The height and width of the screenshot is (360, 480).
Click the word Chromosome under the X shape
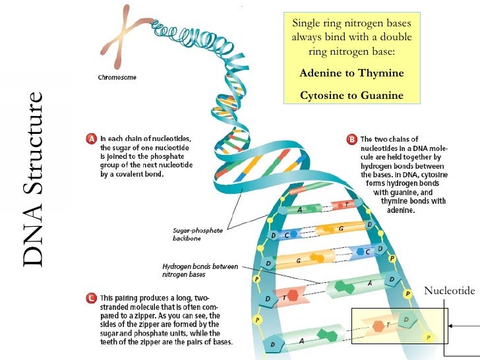[x=117, y=77]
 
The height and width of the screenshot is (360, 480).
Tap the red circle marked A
[x=93, y=138]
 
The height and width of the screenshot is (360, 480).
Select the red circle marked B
[x=352, y=139]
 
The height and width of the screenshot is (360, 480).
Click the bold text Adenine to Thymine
[x=351, y=73]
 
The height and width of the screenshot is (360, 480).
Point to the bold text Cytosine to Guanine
[x=351, y=96]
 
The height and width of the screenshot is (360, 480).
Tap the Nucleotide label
[x=449, y=290]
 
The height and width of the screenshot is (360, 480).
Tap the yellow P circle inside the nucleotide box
[x=429, y=336]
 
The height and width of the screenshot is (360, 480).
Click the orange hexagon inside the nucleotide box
[x=378, y=326]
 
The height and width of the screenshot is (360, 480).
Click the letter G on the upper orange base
[x=340, y=227]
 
